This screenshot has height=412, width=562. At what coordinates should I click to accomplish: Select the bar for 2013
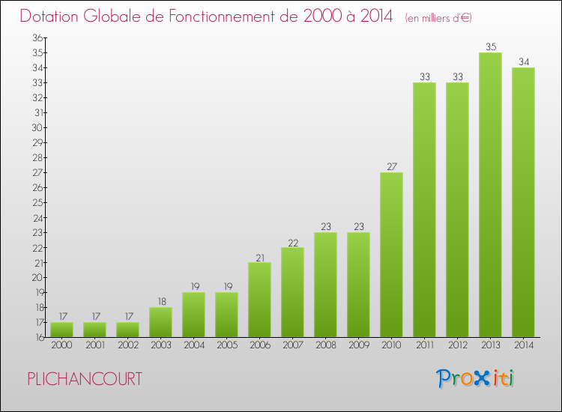490,195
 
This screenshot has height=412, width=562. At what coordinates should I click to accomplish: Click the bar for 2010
391,255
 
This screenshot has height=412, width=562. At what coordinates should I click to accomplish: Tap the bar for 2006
259,300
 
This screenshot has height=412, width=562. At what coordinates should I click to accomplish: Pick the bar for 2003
160,322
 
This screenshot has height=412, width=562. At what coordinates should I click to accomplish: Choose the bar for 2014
523,202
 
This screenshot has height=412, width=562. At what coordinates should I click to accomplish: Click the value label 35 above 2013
490,46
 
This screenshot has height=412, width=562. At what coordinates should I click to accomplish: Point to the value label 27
391,166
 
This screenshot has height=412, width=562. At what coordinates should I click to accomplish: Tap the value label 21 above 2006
259,256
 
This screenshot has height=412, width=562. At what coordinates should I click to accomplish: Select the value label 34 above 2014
523,61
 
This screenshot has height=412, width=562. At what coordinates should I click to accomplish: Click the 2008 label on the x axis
325,345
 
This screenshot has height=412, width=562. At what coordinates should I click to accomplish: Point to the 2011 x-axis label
424,345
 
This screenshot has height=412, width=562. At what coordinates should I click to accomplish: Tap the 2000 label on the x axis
61,345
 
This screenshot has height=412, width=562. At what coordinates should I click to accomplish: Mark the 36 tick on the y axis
37,37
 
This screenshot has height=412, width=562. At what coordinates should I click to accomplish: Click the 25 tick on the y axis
37,202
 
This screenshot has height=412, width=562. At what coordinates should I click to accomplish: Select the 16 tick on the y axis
37,337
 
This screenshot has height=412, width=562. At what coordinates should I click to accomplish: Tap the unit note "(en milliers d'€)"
439,17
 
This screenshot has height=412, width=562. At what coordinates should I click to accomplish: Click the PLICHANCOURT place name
84,379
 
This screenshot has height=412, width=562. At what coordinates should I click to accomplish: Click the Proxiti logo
476,378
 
